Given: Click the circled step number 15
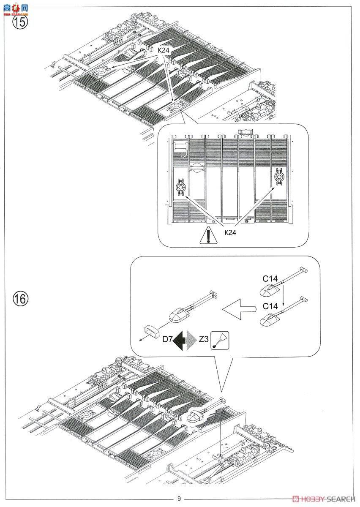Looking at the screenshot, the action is pyautogui.click(x=20, y=22).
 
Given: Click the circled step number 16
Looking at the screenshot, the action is pyautogui.click(x=20, y=299).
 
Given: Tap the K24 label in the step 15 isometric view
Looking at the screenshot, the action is pyautogui.click(x=164, y=50).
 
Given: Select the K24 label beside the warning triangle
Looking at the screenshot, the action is pyautogui.click(x=230, y=232).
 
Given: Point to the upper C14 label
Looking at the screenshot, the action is pyautogui.click(x=270, y=279).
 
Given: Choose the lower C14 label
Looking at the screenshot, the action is pyautogui.click(x=270, y=306).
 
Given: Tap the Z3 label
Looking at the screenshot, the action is pyautogui.click(x=203, y=339).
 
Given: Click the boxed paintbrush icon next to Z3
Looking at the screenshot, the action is pyautogui.click(x=220, y=341).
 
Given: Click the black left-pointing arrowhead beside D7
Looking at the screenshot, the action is pyautogui.click(x=179, y=341).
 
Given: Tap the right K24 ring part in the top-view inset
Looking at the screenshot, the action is pyautogui.click(x=279, y=176).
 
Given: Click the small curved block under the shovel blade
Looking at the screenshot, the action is pyautogui.click(x=150, y=330).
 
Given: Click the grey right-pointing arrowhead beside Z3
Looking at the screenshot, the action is pyautogui.click(x=191, y=341).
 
